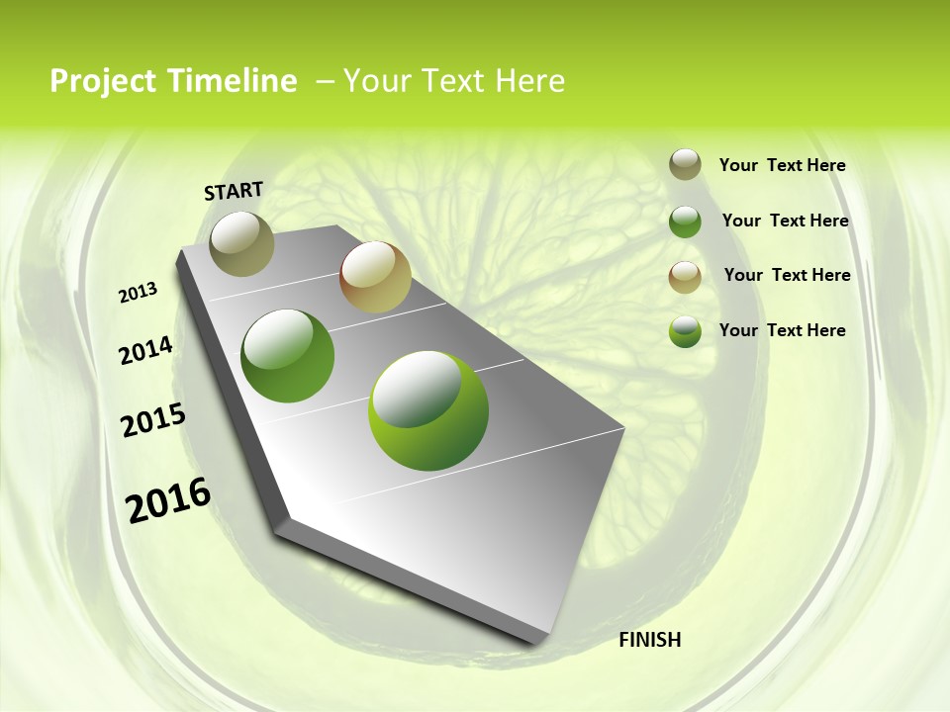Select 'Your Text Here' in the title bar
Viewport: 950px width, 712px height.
pos(454,81)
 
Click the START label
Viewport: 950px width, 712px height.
pos(234,190)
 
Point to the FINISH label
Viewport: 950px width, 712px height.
pos(649,640)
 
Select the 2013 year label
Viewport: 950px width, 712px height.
pos(139,293)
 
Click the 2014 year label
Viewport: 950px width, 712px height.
pos(146,350)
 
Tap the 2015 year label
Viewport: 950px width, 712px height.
pos(153,420)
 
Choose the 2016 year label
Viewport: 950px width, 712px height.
pos(168,499)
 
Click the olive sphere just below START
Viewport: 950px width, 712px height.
pos(241,243)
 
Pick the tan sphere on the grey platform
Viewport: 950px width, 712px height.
pos(375,277)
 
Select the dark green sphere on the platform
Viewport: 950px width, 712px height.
pos(288,356)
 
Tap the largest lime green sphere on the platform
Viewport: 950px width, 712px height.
pos(427,410)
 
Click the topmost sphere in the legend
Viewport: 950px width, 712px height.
pos(685,165)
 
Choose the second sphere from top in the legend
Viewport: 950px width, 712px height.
pos(685,222)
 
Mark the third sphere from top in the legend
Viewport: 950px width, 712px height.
pos(685,277)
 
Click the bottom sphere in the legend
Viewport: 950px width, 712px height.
pos(685,331)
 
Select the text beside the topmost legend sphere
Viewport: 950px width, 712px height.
pos(782,166)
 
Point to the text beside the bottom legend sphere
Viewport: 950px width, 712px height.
pos(782,330)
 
